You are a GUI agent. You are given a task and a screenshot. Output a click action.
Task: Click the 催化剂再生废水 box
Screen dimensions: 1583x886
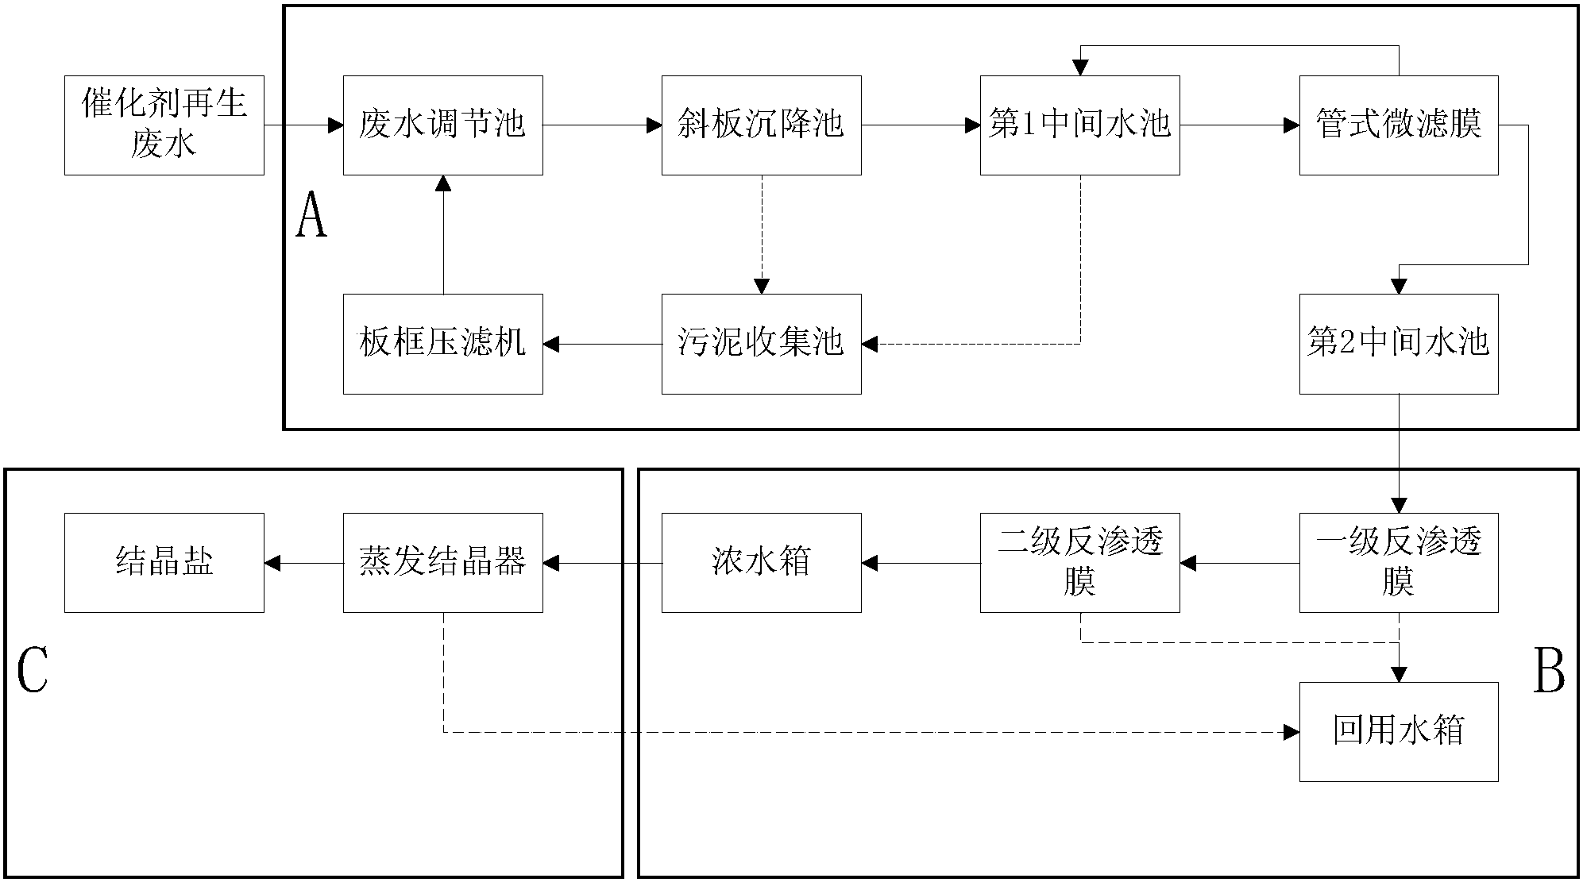point(164,125)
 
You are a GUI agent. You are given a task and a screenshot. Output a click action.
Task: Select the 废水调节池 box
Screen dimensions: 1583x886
point(443,125)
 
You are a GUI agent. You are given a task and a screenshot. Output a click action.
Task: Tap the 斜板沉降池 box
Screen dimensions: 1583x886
point(762,125)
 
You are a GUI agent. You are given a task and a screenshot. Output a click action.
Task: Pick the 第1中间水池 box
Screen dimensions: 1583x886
point(1080,125)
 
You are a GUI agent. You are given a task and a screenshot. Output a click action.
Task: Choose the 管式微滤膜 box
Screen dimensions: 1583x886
point(1399,125)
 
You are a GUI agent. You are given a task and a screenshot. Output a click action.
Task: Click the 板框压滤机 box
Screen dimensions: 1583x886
point(443,345)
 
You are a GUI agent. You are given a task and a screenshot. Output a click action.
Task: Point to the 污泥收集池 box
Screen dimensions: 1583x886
point(762,345)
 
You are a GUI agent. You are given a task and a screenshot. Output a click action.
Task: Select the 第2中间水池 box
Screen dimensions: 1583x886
point(1399,345)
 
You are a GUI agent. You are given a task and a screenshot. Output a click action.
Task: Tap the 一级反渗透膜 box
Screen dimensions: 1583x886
point(1399,563)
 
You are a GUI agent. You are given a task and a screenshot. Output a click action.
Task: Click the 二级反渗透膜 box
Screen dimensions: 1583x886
point(1080,563)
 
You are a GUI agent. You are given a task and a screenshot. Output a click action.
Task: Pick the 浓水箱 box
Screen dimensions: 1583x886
point(762,563)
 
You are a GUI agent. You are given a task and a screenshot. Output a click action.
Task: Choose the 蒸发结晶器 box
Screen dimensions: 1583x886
point(443,563)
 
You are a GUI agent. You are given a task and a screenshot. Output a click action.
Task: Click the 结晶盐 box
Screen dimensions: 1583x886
point(164,563)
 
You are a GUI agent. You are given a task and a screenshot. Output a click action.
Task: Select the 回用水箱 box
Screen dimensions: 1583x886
point(1399,732)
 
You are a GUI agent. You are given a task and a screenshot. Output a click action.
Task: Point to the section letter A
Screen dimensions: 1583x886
point(311,217)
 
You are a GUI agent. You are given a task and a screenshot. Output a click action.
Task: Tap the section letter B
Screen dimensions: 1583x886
point(1550,671)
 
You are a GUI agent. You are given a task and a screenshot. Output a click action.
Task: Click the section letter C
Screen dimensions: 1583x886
point(33,671)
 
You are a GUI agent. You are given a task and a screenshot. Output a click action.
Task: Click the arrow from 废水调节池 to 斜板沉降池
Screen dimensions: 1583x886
point(603,125)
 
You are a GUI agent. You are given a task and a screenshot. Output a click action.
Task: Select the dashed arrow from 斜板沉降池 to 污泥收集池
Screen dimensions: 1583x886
point(762,235)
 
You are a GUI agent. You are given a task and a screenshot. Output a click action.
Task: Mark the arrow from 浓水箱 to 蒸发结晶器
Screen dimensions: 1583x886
point(603,563)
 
